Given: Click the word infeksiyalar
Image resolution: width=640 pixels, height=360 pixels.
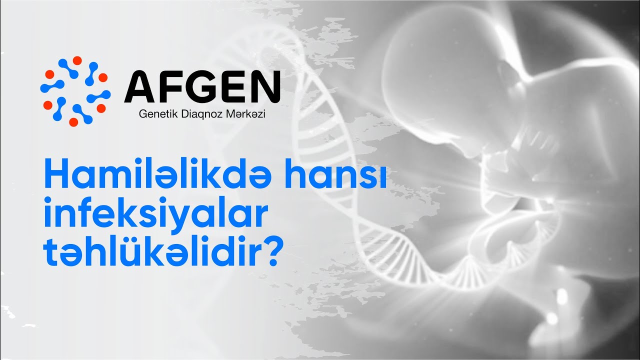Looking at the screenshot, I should [x=154, y=214].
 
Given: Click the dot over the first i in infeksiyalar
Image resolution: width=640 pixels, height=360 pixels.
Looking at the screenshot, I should [x=48, y=200].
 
